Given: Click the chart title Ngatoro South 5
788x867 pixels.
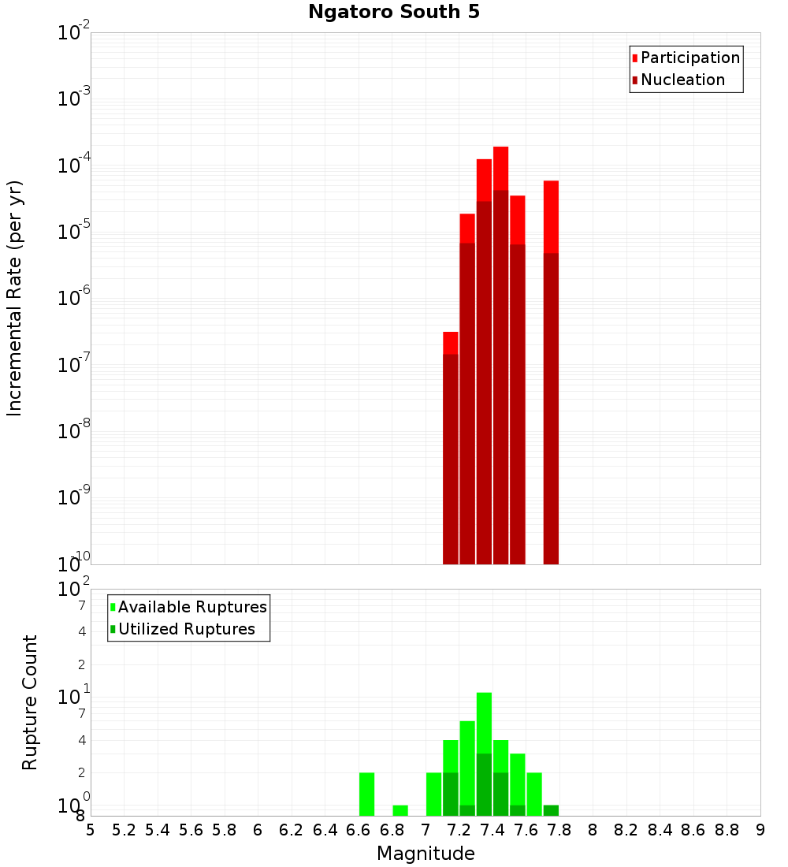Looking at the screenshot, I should [393, 13].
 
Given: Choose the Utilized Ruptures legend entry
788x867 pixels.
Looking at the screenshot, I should [186, 629].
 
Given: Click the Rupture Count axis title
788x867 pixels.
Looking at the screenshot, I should [30, 702].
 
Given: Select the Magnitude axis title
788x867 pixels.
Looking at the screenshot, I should [426, 854].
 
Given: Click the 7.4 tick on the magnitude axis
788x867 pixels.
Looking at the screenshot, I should [492, 830].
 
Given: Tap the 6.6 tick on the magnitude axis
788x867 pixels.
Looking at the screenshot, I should [359, 830].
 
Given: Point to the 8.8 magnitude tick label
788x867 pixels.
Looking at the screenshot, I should [727, 830].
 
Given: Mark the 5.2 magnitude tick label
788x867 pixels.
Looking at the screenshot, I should [124, 830].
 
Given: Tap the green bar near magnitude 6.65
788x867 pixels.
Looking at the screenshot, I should [366, 794].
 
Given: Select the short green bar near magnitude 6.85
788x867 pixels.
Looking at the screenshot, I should [400, 810].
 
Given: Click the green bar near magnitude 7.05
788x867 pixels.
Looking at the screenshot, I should [433, 794].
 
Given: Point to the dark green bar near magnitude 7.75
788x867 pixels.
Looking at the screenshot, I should [551, 810].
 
